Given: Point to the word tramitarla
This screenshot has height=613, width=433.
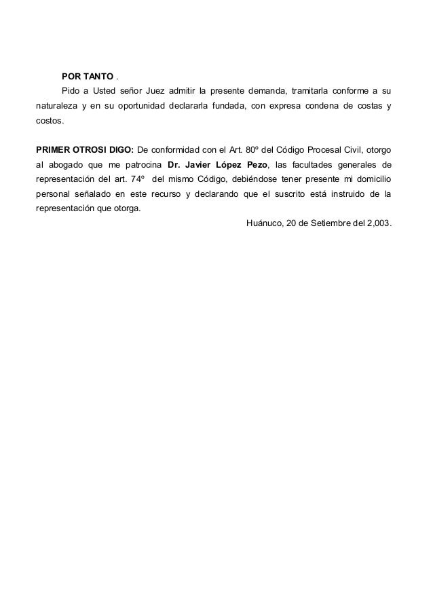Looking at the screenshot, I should click(312, 90).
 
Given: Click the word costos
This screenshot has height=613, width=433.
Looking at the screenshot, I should click(51, 122).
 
